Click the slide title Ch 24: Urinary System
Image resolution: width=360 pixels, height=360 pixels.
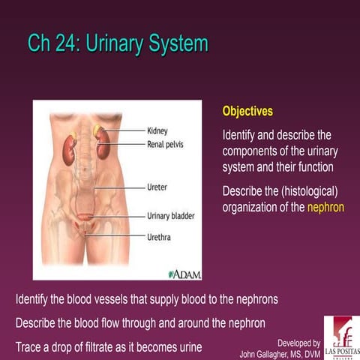pyautogui.click(x=117, y=43)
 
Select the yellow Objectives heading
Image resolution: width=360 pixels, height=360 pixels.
pyautogui.click(x=247, y=111)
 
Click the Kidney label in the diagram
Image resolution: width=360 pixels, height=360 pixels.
pyautogui.click(x=157, y=130)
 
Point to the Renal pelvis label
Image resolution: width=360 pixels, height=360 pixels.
pyautogui.click(x=165, y=142)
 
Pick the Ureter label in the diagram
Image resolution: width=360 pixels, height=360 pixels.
pyautogui.click(x=157, y=185)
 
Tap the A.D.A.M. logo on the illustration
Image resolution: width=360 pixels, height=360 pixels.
pyautogui.click(x=184, y=274)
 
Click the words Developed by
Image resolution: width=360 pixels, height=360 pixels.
pyautogui.click(x=298, y=342)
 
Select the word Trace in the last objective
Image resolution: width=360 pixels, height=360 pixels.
pyautogui.click(x=30, y=348)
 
